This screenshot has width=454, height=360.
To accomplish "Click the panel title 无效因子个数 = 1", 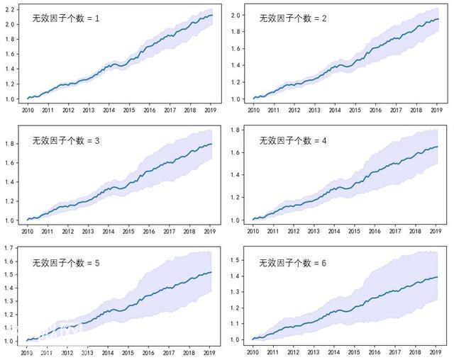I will pos(66,18).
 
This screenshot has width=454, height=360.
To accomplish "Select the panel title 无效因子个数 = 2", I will pos(293,18).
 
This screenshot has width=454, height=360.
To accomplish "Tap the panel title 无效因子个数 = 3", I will pos(66,141).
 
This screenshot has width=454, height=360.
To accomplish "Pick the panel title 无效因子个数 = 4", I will pos(293,141).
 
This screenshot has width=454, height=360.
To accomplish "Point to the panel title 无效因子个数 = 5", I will pos(66,263).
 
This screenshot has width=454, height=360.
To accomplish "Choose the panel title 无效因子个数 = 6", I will pos(293,263).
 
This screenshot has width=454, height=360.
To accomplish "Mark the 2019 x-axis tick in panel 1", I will pos(211,111).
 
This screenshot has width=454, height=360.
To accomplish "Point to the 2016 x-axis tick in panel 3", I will pos(150,231).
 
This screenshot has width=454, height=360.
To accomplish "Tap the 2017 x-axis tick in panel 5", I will pos(170,352).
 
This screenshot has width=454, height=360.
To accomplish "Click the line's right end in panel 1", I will pos(212,15).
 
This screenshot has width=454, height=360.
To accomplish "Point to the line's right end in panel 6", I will pos(438,277).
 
